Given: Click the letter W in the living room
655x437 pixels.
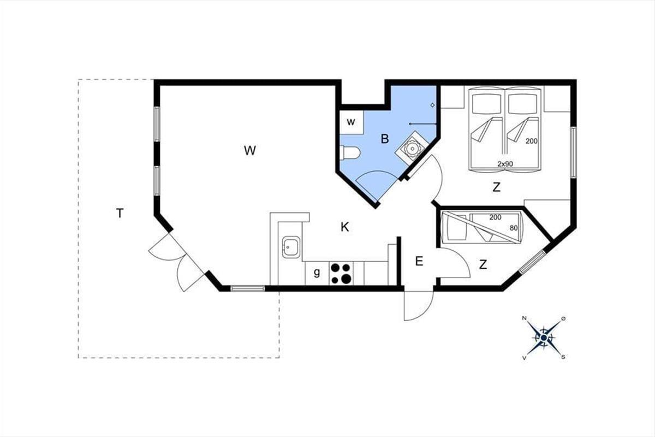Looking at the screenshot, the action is click(x=250, y=150).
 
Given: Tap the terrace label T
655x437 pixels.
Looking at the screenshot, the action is click(x=120, y=214).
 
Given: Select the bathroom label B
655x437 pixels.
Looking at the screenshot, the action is click(x=385, y=139).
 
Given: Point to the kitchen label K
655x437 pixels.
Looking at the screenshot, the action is click(x=345, y=227).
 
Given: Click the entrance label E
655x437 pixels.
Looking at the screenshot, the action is click(x=419, y=261).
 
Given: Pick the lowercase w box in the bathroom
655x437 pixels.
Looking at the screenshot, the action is click(x=351, y=122).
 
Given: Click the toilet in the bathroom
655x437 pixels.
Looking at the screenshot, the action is click(x=350, y=153).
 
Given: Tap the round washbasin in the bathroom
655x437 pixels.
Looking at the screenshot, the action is click(x=412, y=149).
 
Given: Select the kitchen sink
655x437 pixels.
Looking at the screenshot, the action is click(x=291, y=247).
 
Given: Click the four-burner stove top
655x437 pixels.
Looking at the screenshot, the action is click(x=341, y=273).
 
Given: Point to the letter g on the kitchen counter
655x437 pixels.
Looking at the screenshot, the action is click(x=317, y=273).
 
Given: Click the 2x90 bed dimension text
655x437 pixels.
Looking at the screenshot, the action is click(x=505, y=164).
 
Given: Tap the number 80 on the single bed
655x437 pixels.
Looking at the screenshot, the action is click(x=514, y=228).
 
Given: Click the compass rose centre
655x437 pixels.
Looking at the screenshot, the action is click(x=544, y=338).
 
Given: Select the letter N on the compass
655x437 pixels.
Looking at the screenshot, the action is click(x=525, y=318).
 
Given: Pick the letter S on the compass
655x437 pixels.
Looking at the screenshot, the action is click(x=563, y=357).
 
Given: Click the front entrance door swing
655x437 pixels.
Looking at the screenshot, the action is click(x=419, y=306).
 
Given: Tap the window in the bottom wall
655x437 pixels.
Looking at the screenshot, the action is click(x=248, y=288).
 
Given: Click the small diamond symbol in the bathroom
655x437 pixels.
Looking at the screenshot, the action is click(x=432, y=105).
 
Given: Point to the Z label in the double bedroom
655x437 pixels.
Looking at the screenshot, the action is click(x=497, y=187).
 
